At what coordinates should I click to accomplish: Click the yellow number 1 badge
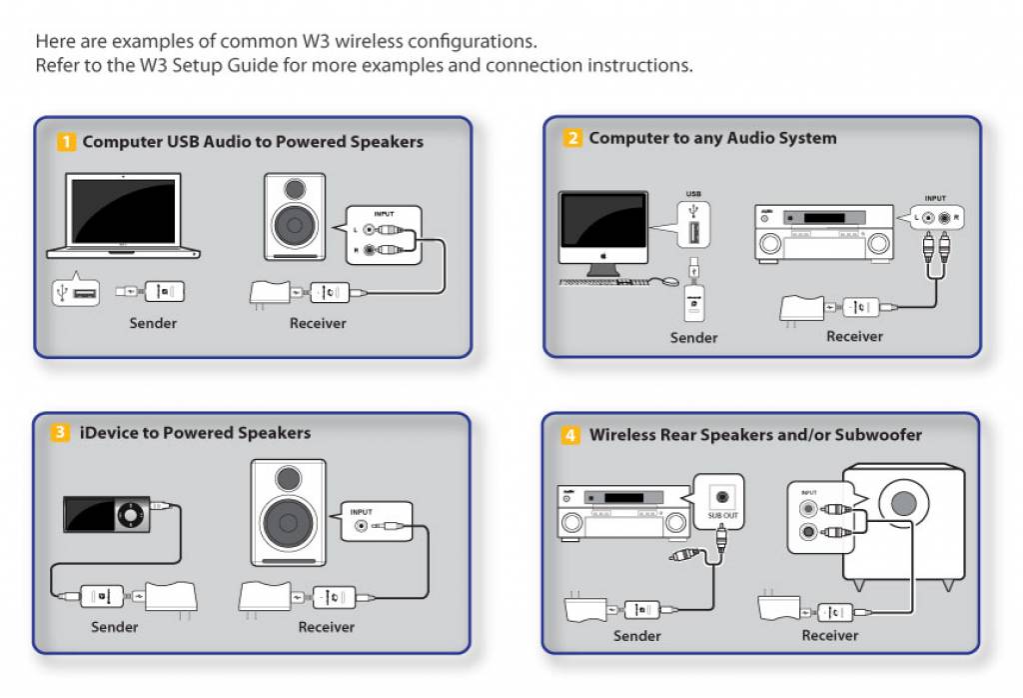pyautogui.click(x=67, y=142)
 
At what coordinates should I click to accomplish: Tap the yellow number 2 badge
pyautogui.click(x=572, y=138)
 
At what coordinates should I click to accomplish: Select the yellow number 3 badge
pyautogui.click(x=61, y=433)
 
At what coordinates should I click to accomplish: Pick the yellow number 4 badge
pyautogui.click(x=570, y=435)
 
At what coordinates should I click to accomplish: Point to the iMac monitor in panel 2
pyautogui.click(x=603, y=228)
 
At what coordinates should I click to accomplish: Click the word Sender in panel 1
pyautogui.click(x=153, y=323)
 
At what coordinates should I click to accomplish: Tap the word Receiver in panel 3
pyautogui.click(x=326, y=627)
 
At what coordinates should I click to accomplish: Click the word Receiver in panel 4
pyautogui.click(x=829, y=635)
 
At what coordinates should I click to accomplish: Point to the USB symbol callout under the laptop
pyautogui.click(x=75, y=292)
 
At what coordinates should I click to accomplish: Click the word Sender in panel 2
pyautogui.click(x=693, y=338)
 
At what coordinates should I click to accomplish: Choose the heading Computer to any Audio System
pyautogui.click(x=712, y=138)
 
